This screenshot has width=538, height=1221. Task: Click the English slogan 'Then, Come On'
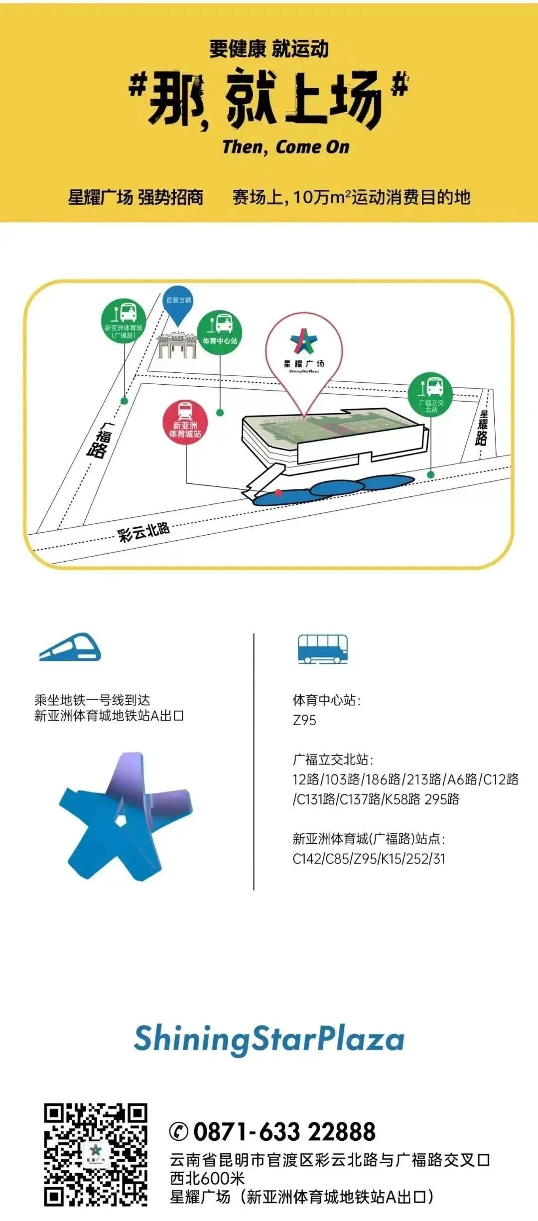[285, 147]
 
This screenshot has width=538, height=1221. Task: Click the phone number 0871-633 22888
[284, 1131]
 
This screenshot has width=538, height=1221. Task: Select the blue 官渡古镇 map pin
[178, 304]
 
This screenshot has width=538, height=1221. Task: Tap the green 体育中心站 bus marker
[220, 332]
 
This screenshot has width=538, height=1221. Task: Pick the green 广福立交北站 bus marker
[430, 395]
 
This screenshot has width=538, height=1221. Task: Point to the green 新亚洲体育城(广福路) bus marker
[124, 320]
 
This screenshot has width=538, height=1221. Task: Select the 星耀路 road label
[482, 428]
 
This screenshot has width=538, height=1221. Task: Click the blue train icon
[70, 647]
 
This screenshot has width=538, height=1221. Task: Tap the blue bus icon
[322, 649]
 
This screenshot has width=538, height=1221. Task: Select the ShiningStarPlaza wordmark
[269, 1039]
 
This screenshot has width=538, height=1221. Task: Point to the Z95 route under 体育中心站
[304, 720]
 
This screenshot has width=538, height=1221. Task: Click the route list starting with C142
[369, 859]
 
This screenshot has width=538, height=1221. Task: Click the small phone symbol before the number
[178, 1131]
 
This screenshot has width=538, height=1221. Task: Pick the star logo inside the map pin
[303, 341]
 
